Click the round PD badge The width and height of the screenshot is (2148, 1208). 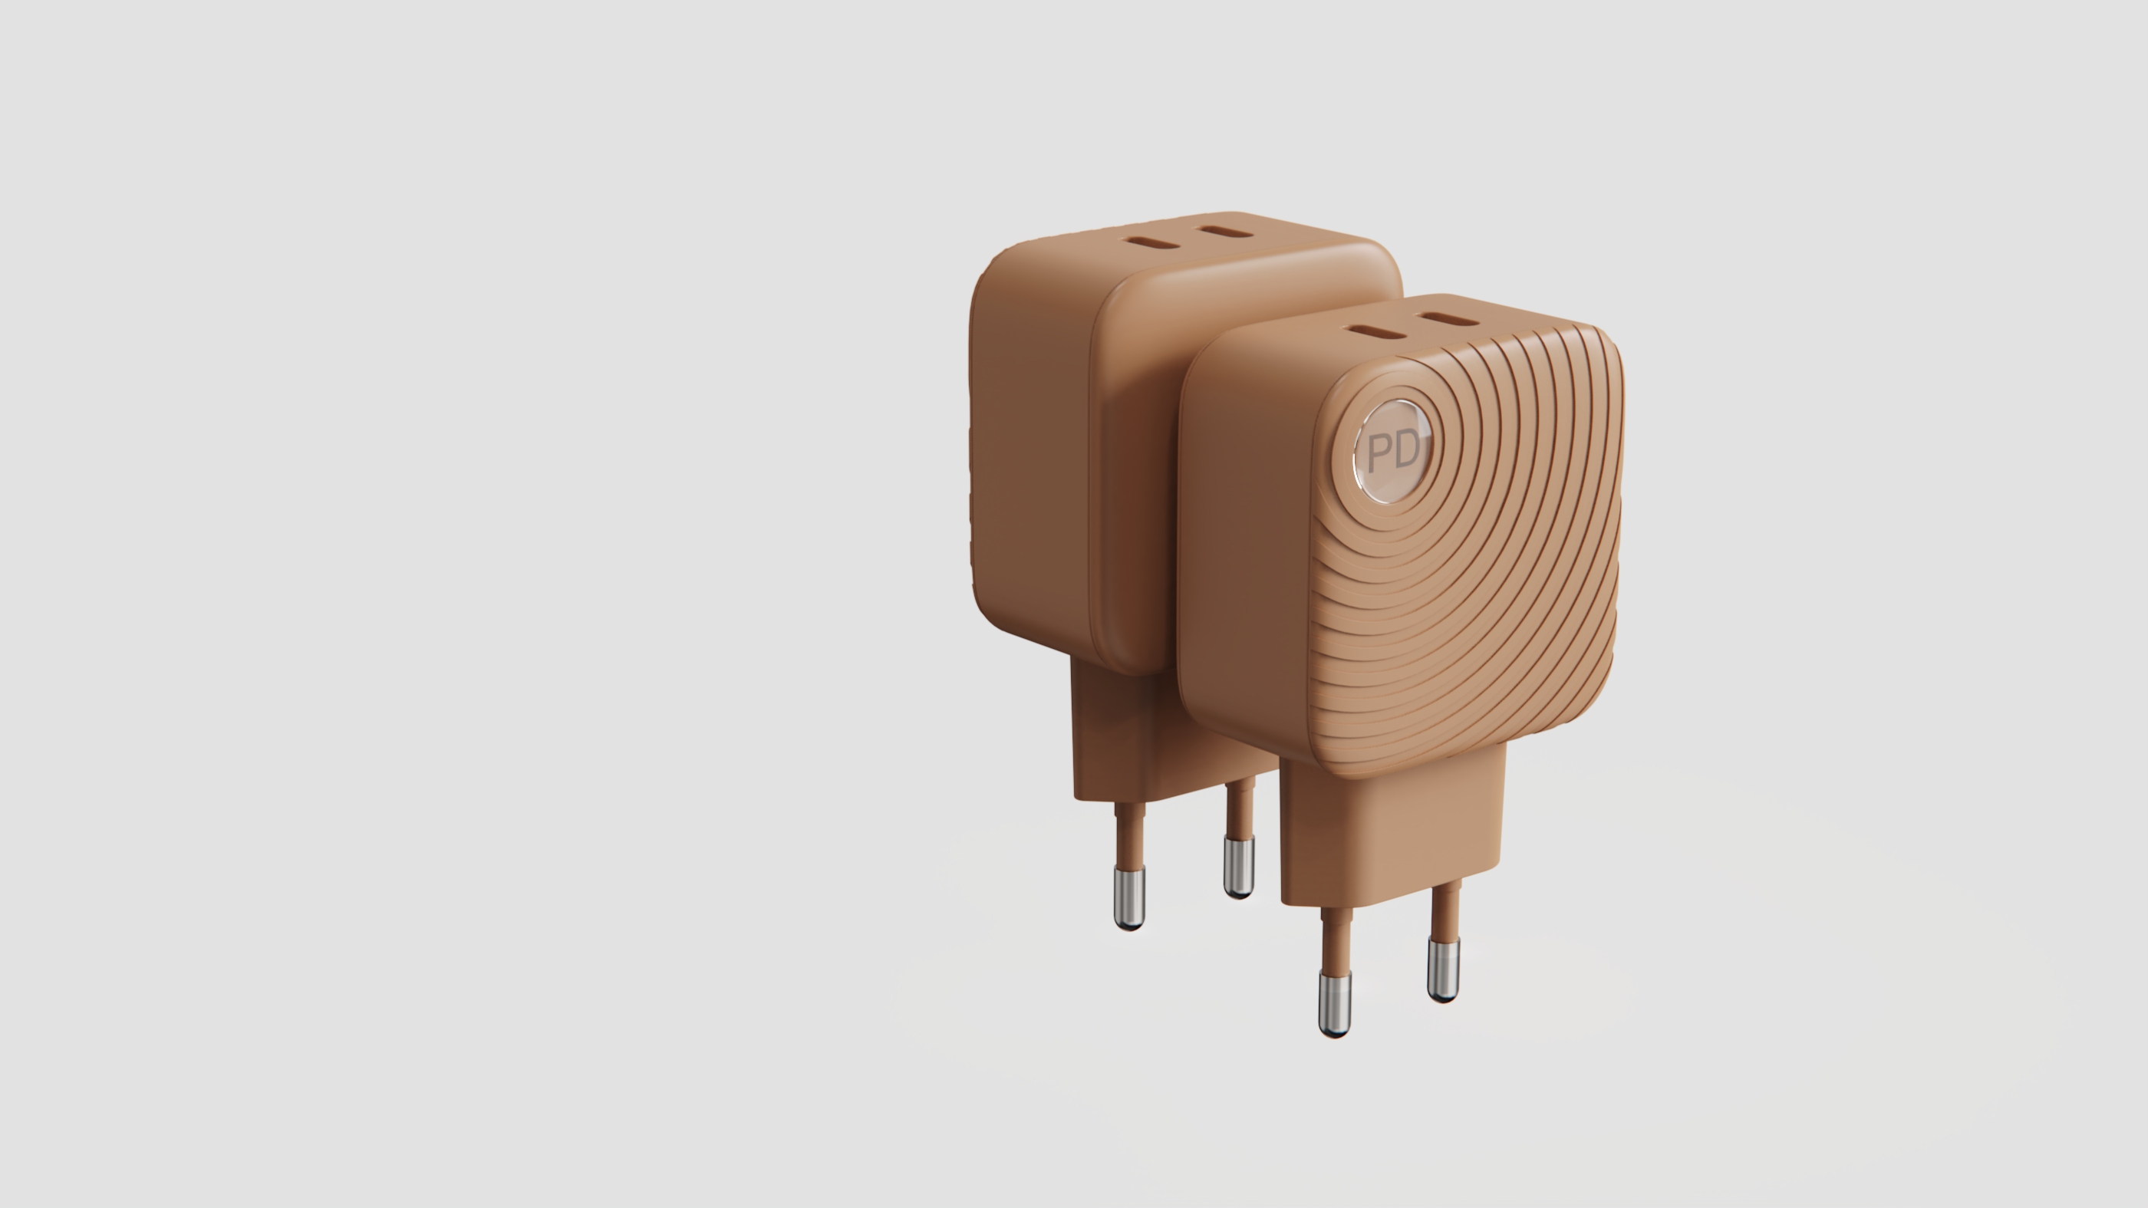1392,451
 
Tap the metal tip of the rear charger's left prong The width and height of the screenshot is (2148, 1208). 1130,898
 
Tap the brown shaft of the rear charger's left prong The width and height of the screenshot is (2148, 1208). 1130,834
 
